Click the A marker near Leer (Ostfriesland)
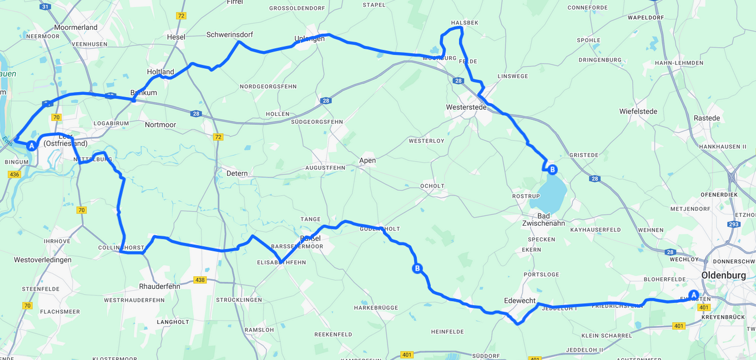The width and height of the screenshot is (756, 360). point(32,146)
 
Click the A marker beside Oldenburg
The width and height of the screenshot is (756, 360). point(693,295)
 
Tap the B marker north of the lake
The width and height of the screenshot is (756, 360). point(552,170)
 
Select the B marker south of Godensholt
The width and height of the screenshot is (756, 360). point(417,268)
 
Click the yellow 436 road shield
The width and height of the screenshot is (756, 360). point(14,174)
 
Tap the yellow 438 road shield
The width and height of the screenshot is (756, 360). point(200,280)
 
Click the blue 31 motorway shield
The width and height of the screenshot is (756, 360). point(46,7)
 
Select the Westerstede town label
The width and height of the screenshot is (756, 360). point(466,107)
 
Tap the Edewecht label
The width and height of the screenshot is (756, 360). point(520,301)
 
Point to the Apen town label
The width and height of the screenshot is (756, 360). point(367,160)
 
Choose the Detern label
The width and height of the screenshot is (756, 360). point(237,173)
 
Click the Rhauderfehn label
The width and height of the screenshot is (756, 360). point(159,286)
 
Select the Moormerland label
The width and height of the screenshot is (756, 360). point(76,27)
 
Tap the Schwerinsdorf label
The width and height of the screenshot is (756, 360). point(229,34)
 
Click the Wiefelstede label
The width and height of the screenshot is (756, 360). point(638,111)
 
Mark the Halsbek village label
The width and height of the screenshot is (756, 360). point(465,23)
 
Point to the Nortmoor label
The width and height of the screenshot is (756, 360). point(160,125)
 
